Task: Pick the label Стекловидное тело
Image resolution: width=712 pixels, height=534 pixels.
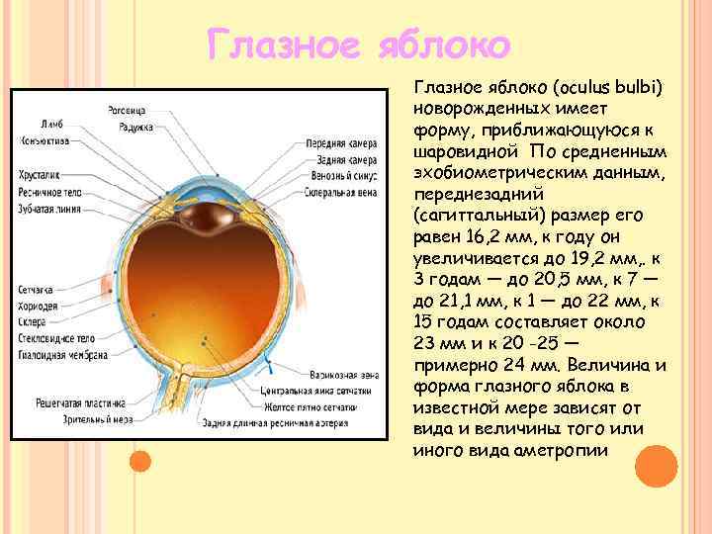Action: point(54,338)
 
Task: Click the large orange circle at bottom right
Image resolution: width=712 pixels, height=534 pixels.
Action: point(656,466)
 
